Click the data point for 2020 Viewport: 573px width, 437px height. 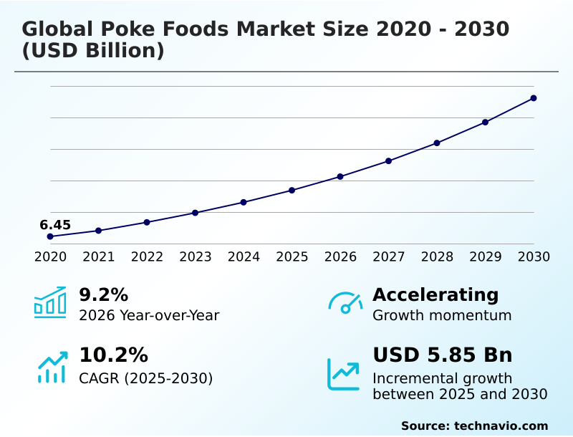click(50, 236)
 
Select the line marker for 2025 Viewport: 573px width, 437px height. click(292, 190)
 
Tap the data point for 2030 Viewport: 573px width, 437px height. click(534, 98)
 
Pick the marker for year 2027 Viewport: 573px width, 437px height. click(388, 160)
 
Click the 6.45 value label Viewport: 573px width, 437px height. click(55, 225)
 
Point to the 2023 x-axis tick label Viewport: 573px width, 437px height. click(195, 256)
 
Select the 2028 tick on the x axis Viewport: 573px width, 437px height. click(437, 256)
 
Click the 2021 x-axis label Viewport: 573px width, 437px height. click(98, 256)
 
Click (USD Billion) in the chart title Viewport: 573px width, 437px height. click(93, 51)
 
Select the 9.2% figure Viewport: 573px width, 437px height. click(103, 294)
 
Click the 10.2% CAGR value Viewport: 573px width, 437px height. click(113, 355)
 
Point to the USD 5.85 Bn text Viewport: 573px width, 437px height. click(442, 355)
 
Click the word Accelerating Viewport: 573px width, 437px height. click(435, 294)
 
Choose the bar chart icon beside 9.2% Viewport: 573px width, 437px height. click(50, 302)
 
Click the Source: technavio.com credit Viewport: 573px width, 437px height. click(474, 426)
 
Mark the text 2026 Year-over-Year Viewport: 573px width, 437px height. click(149, 315)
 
